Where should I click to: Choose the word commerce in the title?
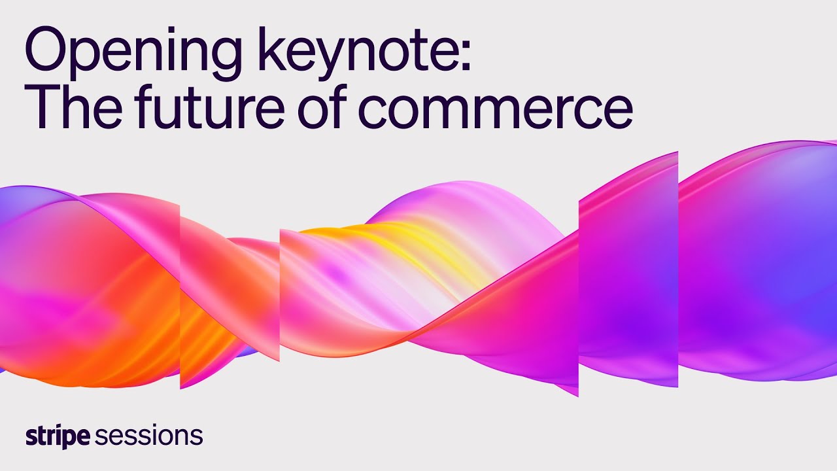point(495,110)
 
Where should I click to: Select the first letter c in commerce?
point(373,111)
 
